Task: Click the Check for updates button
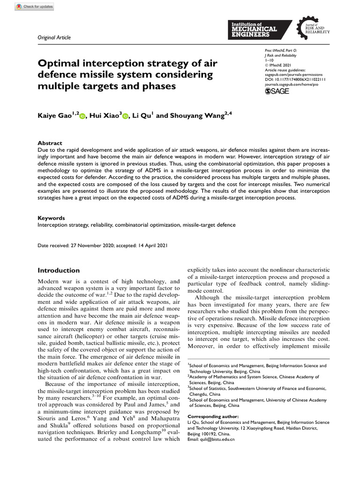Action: pos(35,7)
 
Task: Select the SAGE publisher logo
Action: pos(278,91)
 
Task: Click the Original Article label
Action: pos(52,37)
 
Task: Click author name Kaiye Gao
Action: pos(54,115)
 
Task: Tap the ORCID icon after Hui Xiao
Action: pos(125,116)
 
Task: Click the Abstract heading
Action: pos(50,143)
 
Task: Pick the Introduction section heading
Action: pos(59,270)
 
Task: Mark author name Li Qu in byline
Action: pos(142,115)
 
